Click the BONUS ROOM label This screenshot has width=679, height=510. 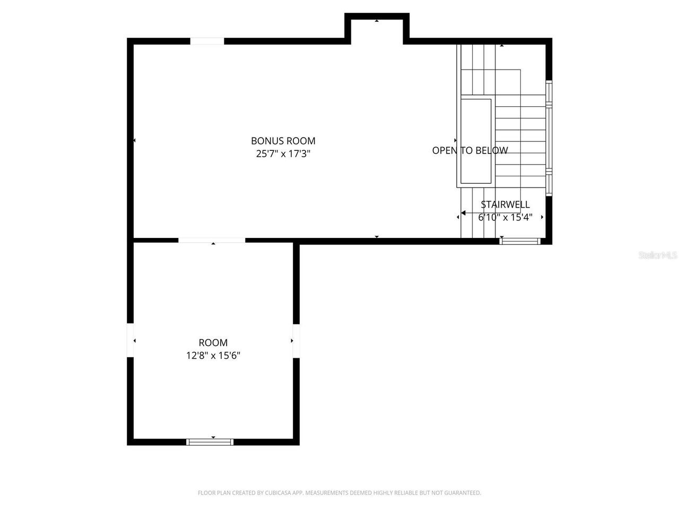click(x=283, y=141)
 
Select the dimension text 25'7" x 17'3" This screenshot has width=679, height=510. click(x=283, y=154)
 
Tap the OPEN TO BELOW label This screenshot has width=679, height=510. click(x=469, y=150)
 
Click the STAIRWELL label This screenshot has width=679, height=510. click(x=505, y=205)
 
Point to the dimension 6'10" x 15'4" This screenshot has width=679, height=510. click(x=505, y=217)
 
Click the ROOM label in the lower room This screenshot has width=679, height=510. click(x=213, y=343)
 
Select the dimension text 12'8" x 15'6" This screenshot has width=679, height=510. click(x=213, y=355)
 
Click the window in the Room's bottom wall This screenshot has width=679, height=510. click(x=210, y=441)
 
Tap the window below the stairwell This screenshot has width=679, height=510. click(x=520, y=241)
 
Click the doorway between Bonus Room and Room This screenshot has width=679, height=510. click(x=212, y=241)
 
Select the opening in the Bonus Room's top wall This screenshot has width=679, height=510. click(x=207, y=41)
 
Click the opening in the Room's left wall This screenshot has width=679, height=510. click(x=130, y=340)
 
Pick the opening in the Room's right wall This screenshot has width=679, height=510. click(x=296, y=341)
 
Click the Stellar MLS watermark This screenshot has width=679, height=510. click(x=657, y=256)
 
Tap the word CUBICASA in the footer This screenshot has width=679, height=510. click(x=278, y=493)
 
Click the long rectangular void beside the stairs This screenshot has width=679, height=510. click(x=476, y=141)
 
